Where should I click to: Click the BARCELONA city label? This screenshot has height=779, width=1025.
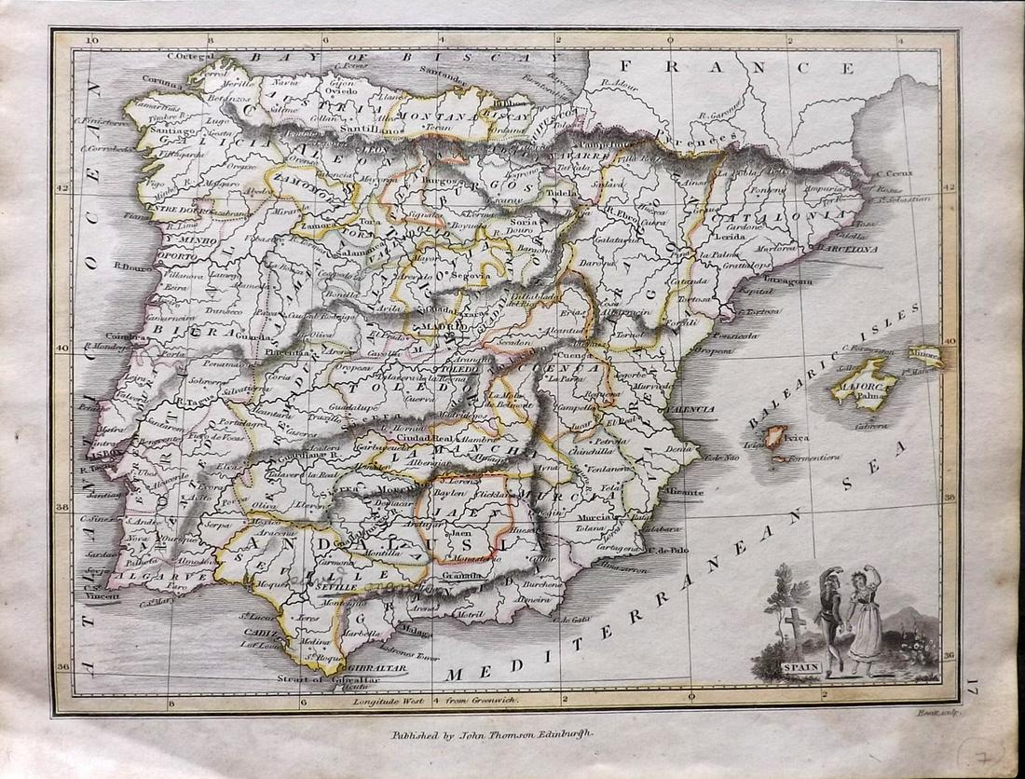(x=848, y=250)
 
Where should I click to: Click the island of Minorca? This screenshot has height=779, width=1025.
(x=925, y=354)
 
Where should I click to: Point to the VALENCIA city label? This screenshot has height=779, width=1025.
(x=690, y=409)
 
